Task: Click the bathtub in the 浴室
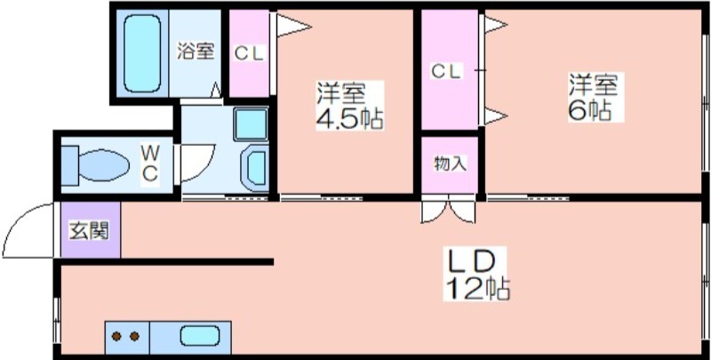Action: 142,54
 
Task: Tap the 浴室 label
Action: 195,51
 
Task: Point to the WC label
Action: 149,163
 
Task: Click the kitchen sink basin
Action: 199,336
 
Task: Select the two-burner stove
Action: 127,337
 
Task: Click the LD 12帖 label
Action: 476,274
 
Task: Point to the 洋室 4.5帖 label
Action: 349,106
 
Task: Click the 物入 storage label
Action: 451,164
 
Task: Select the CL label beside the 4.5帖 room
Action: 249,54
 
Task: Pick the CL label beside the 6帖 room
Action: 446,72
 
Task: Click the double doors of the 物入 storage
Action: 449,211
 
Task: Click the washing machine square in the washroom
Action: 251,124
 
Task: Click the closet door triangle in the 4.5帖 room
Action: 293,26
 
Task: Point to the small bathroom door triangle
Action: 216,91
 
